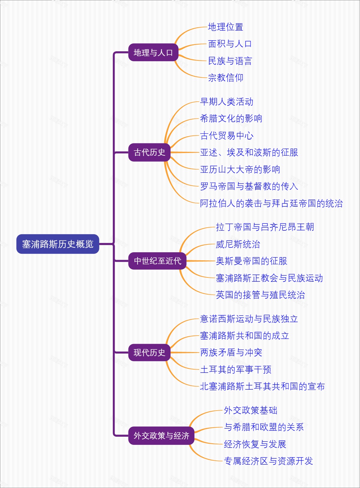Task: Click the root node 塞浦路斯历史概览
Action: pyautogui.click(x=58, y=244)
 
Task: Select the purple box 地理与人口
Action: pyautogui.click(x=153, y=52)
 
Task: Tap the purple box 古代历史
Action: pyautogui.click(x=149, y=152)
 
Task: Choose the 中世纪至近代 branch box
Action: pyautogui.click(x=157, y=261)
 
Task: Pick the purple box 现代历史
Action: pyautogui.click(x=149, y=352)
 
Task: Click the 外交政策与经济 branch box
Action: pyautogui.click(x=161, y=436)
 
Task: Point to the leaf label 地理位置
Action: pyautogui.click(x=226, y=27)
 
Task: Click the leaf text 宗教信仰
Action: pyautogui.click(x=226, y=78)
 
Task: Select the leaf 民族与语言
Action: pyautogui.click(x=230, y=61)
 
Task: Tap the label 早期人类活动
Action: pyautogui.click(x=226, y=102)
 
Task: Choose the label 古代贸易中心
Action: pyautogui.click(x=226, y=136)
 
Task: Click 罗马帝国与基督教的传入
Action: pyautogui.click(x=249, y=186)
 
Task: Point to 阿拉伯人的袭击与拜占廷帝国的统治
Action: pyautogui.click(x=271, y=203)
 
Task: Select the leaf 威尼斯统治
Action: pyautogui.click(x=238, y=244)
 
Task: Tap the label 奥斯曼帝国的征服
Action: pyautogui.click(x=251, y=261)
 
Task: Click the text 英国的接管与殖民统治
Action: pyautogui.click(x=260, y=295)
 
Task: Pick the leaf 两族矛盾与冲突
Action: pyautogui.click(x=231, y=352)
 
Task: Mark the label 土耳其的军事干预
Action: pyautogui.click(x=235, y=369)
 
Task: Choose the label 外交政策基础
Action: pyautogui.click(x=250, y=410)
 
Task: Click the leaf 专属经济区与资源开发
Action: pyautogui.click(x=268, y=461)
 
